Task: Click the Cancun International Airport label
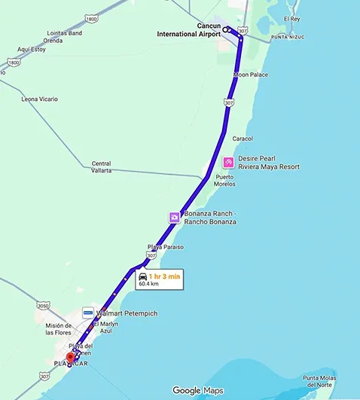pos(188,29)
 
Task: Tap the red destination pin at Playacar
pos(71,357)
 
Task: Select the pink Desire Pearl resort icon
pos(228,163)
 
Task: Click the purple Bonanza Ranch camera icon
pos(174,218)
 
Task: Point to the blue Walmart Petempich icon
pos(88,313)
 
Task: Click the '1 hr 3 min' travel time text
pos(164,276)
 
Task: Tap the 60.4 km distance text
pos(148,284)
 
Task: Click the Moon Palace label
pos(250,75)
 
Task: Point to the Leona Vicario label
pos(40,99)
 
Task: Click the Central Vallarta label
pos(101,167)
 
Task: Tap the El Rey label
pos(291,18)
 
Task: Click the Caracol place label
pos(243,139)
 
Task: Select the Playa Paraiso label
pos(165,247)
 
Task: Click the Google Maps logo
pos(197,390)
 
